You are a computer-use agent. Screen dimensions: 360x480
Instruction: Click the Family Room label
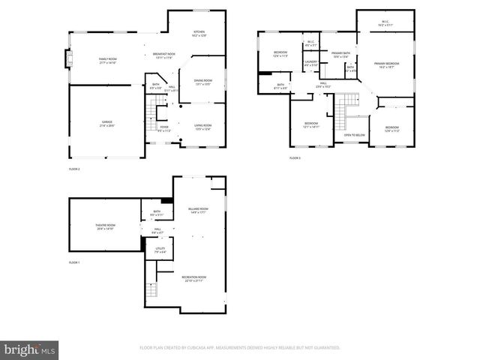click(x=109, y=60)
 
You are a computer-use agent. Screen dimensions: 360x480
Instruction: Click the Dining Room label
click(x=203, y=82)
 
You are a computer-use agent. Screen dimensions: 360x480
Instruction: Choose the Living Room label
click(x=203, y=127)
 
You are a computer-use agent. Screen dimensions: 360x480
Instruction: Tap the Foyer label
click(x=164, y=129)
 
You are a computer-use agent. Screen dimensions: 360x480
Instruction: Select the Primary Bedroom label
click(x=386, y=65)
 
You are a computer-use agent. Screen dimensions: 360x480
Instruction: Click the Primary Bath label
click(x=341, y=55)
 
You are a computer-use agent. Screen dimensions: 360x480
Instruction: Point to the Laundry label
click(x=311, y=64)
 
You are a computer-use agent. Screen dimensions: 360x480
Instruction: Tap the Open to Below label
click(x=354, y=135)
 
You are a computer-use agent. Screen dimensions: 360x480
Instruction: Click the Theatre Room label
click(x=106, y=227)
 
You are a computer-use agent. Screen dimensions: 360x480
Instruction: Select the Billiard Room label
click(x=198, y=210)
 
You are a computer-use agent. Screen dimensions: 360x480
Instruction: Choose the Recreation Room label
click(x=193, y=278)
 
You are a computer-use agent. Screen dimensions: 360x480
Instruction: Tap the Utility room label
click(x=160, y=250)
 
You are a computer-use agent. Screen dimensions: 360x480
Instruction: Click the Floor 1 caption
click(x=73, y=262)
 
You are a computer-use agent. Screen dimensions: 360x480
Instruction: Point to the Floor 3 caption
click(x=295, y=158)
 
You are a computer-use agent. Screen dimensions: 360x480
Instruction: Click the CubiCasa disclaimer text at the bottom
click(x=240, y=347)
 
